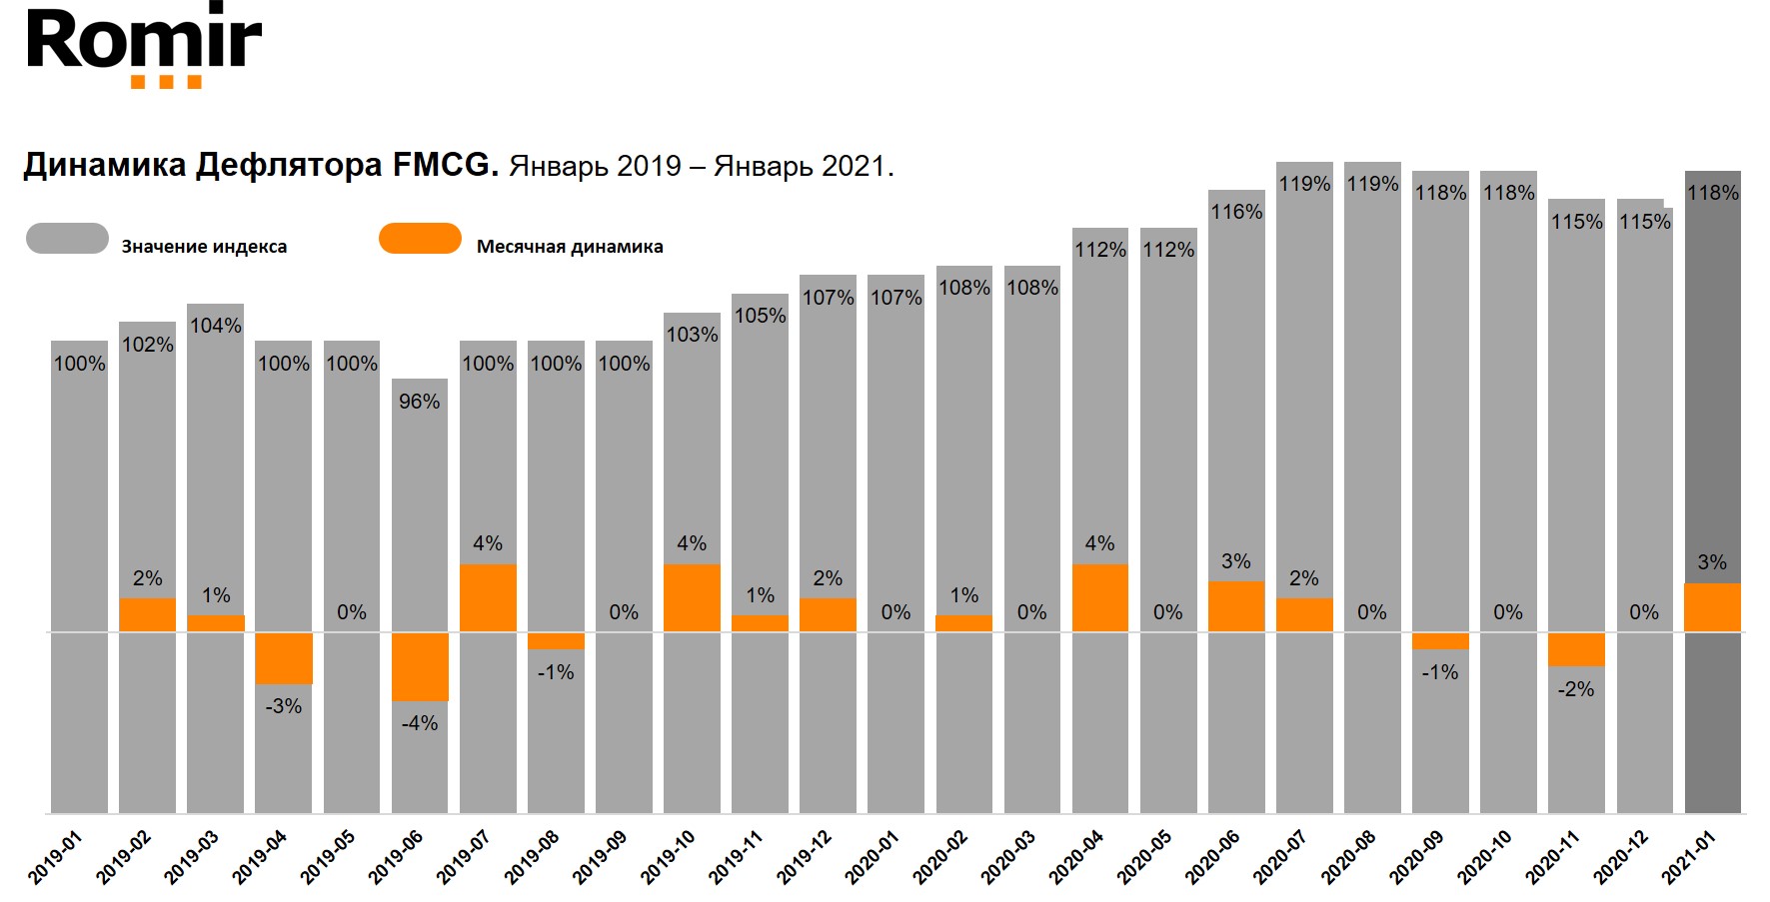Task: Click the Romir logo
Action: [x=144, y=45]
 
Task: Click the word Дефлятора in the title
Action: [x=289, y=165]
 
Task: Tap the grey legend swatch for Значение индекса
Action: [x=67, y=239]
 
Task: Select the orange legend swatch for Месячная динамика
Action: [x=420, y=239]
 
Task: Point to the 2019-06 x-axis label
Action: [x=396, y=857]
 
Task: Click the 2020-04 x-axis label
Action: [x=1076, y=857]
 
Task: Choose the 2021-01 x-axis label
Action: [x=1689, y=857]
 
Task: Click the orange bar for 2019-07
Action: [x=488, y=597]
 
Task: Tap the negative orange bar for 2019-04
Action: [x=284, y=658]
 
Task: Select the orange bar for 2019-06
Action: [x=420, y=666]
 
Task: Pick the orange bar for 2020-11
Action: [x=1576, y=649]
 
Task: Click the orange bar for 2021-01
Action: [x=1712, y=607]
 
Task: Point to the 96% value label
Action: [x=420, y=402]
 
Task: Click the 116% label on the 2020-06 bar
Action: [x=1236, y=212]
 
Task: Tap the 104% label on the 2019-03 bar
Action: [x=216, y=326]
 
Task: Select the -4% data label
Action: [x=420, y=723]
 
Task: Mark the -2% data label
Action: [x=1576, y=689]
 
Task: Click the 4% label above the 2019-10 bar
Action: [x=692, y=543]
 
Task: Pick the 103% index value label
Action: [x=692, y=335]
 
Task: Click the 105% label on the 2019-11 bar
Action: [x=760, y=316]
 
